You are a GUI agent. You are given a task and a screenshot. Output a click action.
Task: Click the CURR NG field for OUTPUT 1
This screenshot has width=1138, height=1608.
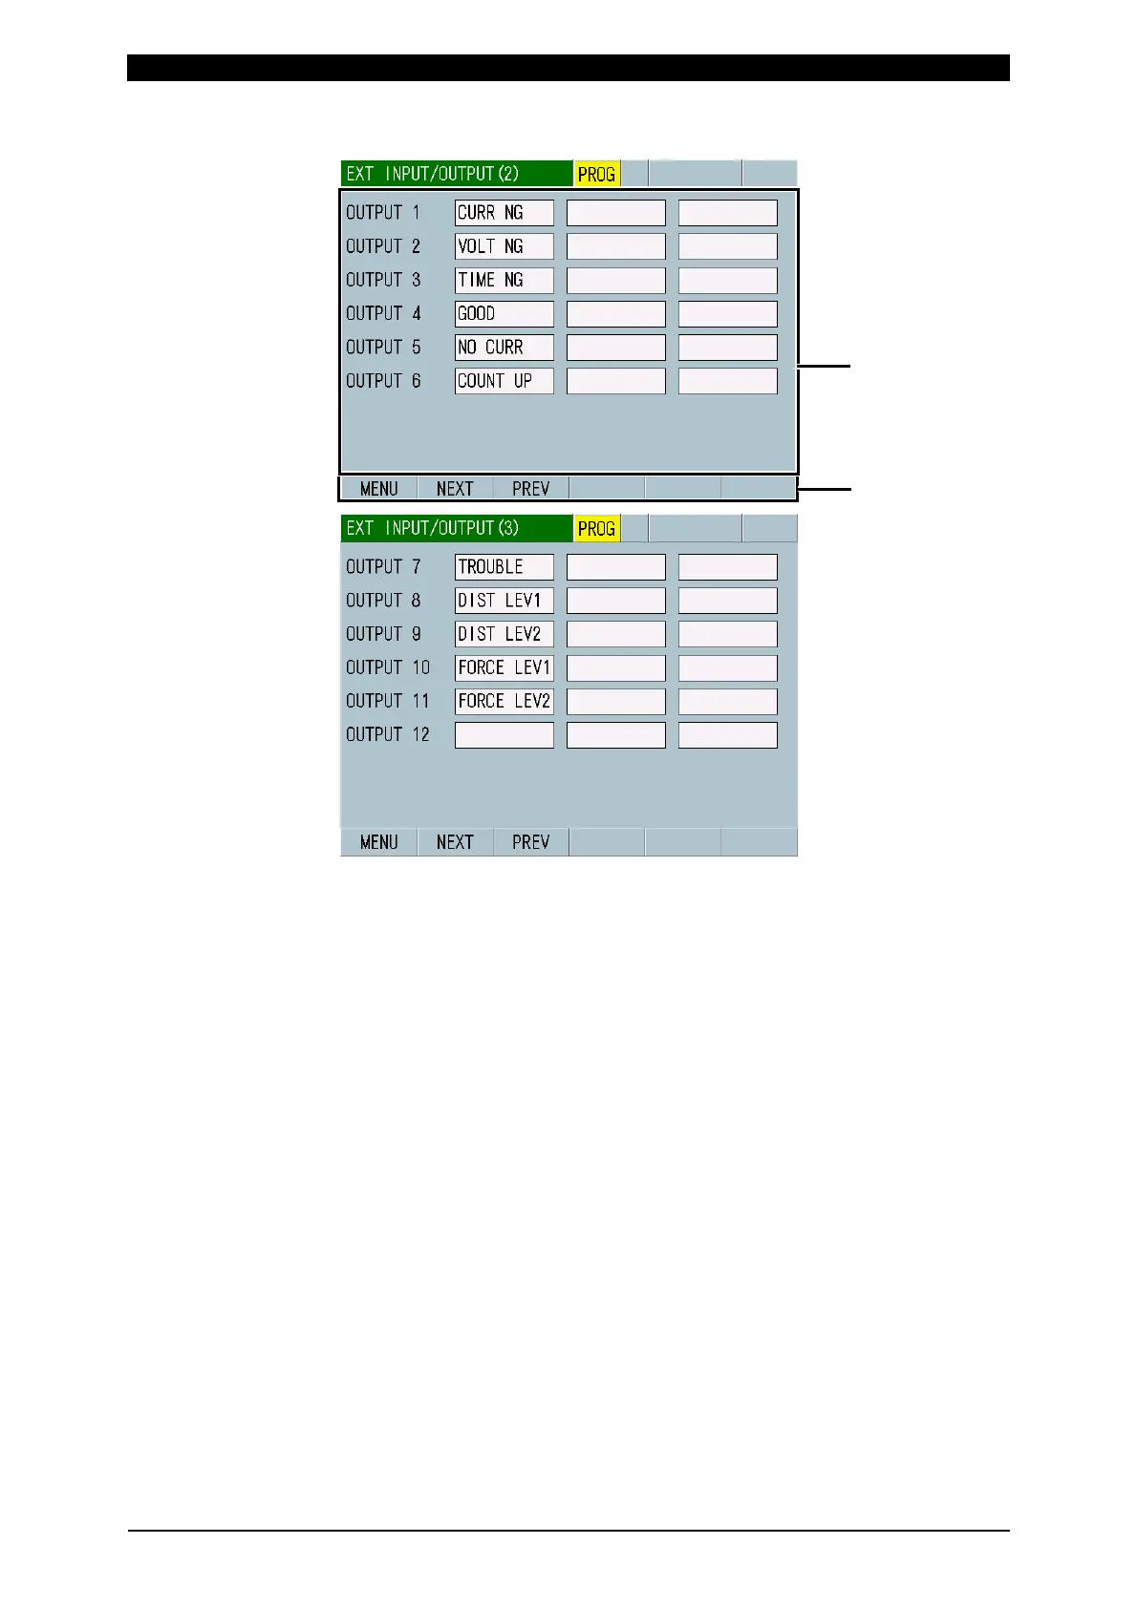(504, 213)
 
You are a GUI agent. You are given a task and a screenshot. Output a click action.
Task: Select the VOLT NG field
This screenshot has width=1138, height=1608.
(504, 246)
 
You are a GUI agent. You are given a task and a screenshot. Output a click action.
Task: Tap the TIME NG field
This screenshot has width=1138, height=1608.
(504, 280)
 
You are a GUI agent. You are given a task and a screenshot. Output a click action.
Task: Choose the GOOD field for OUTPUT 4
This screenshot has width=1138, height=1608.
(504, 313)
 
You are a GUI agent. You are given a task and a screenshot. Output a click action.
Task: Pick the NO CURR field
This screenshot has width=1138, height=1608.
(504, 348)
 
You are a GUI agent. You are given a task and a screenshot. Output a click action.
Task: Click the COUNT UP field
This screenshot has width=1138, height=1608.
(504, 381)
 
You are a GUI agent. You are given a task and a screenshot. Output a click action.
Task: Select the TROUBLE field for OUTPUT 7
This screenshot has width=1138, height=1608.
(504, 567)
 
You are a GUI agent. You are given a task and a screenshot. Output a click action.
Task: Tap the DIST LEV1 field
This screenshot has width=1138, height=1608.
(504, 601)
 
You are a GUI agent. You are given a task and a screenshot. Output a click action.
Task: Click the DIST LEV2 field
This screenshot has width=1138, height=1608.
(504, 634)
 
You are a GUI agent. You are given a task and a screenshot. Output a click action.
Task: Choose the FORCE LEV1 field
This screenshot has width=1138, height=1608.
(504, 667)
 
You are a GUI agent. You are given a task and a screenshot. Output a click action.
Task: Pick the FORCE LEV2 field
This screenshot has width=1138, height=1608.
(504, 701)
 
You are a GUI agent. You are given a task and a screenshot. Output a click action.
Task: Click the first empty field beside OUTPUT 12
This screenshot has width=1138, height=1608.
(504, 734)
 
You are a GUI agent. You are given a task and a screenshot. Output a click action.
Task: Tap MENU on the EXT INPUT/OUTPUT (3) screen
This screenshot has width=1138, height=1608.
(378, 842)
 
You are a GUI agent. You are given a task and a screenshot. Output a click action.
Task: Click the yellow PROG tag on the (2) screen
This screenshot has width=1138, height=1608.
(596, 175)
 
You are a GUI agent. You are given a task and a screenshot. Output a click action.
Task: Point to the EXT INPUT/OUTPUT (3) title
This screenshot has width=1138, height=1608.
(432, 528)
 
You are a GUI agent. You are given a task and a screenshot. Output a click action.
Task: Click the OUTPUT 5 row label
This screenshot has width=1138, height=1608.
(383, 348)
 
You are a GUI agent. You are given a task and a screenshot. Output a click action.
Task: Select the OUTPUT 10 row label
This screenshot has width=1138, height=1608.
(388, 667)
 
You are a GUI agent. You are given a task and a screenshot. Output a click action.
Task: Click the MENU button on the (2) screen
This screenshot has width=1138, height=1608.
(378, 489)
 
